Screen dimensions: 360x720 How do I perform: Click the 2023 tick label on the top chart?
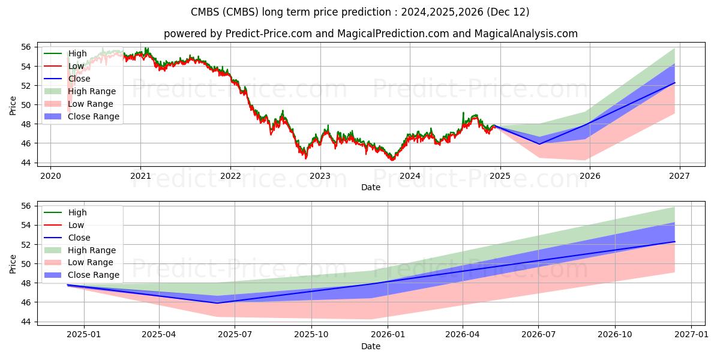pos(320,176)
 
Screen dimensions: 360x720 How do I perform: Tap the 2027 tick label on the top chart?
pos(679,176)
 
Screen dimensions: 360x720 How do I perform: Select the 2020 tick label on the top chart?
pos(50,176)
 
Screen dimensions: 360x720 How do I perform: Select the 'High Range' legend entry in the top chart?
pos(91,91)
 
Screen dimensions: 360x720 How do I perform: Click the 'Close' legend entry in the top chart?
pos(79,79)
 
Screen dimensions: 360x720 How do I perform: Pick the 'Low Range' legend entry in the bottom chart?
pos(90,263)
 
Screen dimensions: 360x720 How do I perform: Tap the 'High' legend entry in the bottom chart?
pos(77,212)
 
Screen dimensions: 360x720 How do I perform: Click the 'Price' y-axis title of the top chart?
pos(13,105)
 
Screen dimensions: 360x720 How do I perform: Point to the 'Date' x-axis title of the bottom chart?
pos(370,346)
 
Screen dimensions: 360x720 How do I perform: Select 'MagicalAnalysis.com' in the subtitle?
pos(526,34)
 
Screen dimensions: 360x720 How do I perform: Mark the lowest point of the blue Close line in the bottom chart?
pos(217,303)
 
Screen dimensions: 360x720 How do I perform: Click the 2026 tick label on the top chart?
pos(589,176)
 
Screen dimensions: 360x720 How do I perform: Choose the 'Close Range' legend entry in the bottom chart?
pos(93,275)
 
